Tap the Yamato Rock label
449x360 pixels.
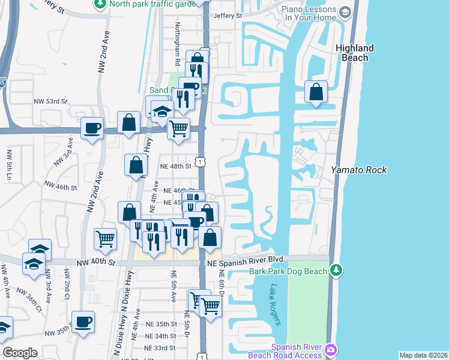[x=359, y=170]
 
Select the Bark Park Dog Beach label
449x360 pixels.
[x=288, y=271]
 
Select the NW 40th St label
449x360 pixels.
[x=95, y=262]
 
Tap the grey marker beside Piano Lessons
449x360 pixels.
[x=345, y=12]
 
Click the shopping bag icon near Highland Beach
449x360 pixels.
[x=316, y=92]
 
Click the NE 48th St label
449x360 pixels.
[x=175, y=166]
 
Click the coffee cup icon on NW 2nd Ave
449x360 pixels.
[x=92, y=128]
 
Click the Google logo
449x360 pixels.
[x=20, y=353]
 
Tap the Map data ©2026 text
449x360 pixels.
[x=423, y=355]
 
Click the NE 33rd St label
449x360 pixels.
[x=159, y=347]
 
